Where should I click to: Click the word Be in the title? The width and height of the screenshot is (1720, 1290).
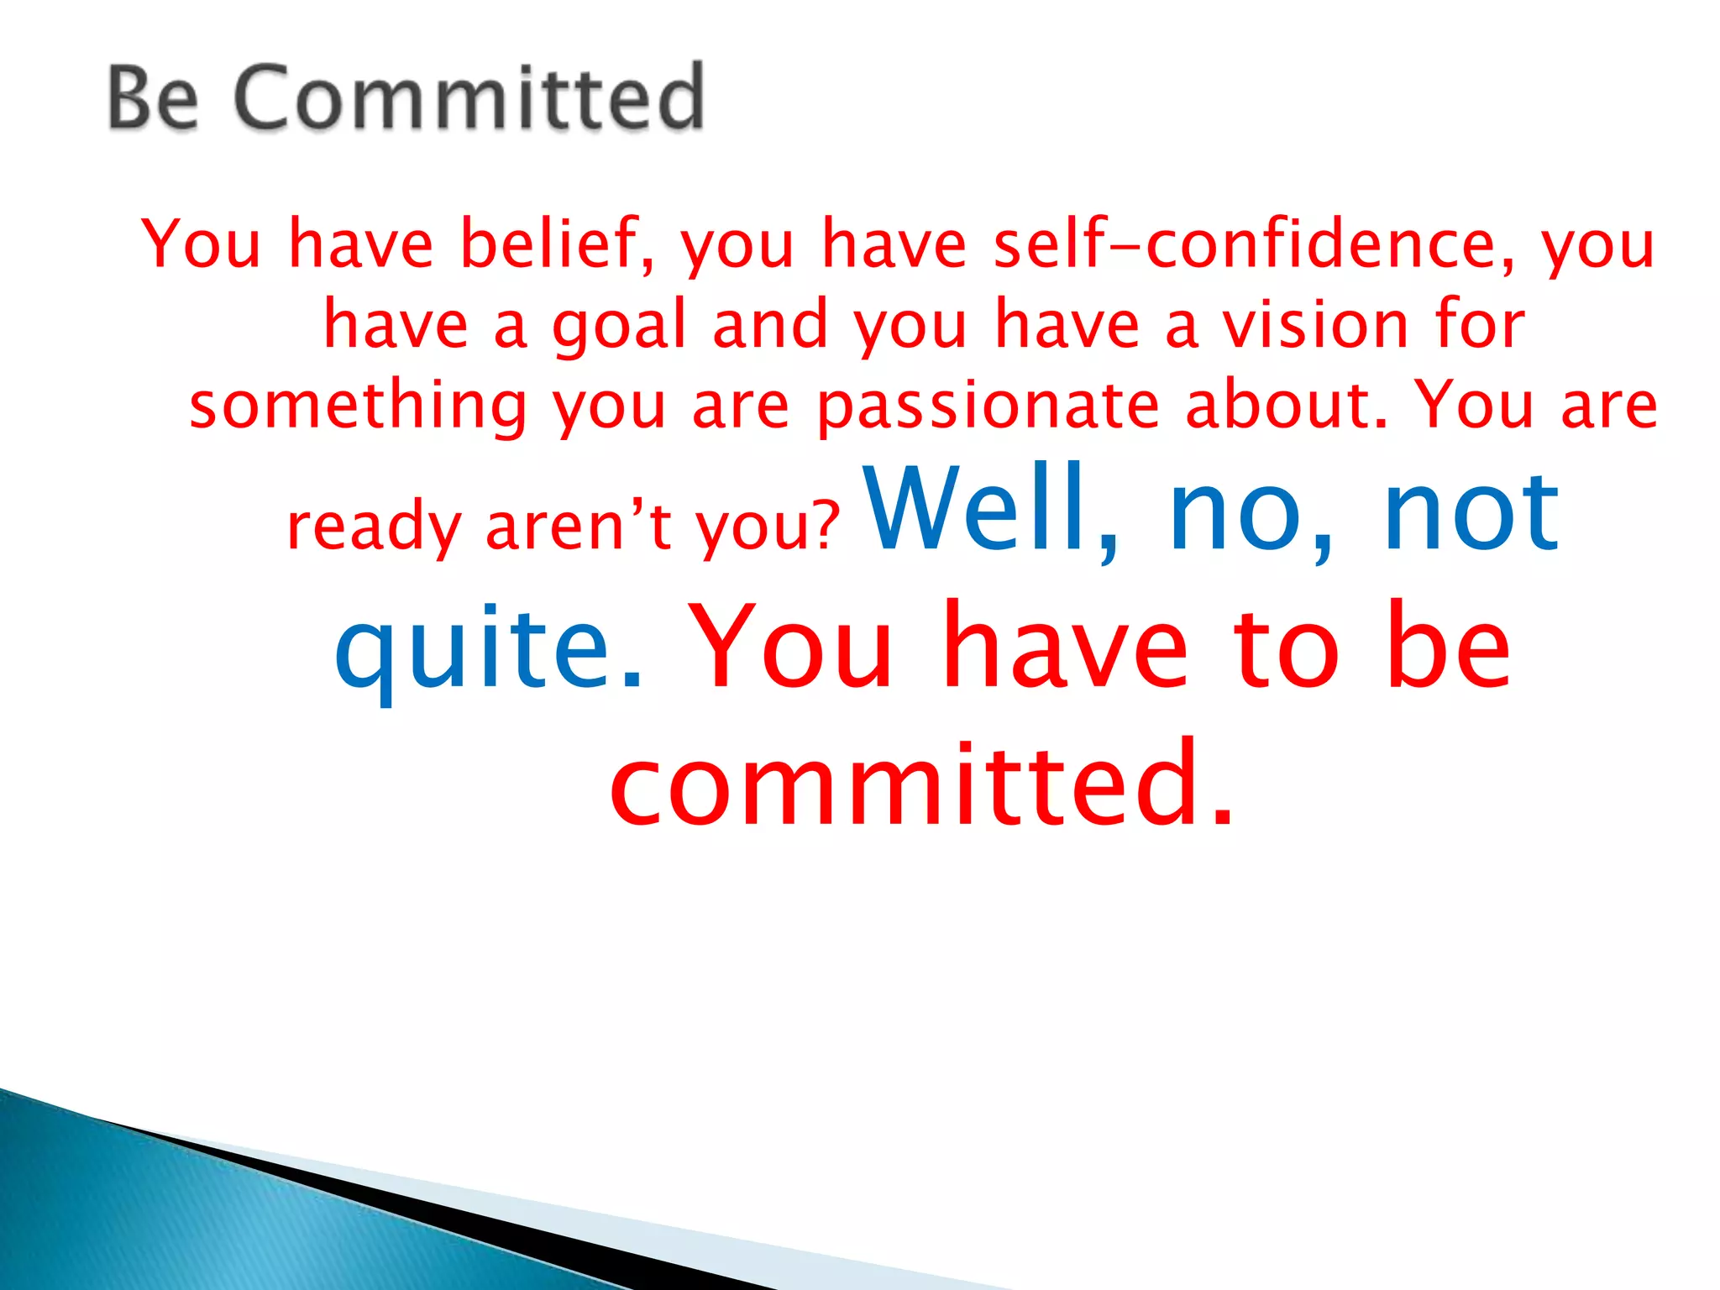click(154, 99)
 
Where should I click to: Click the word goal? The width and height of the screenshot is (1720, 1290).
click(619, 326)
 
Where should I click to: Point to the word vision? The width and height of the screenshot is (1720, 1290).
click(1314, 324)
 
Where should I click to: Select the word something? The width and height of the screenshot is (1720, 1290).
click(358, 406)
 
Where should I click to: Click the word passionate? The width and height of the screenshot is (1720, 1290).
click(988, 406)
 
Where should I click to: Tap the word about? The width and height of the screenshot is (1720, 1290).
click(1287, 405)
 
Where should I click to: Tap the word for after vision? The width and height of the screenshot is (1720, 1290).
click(1479, 324)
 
